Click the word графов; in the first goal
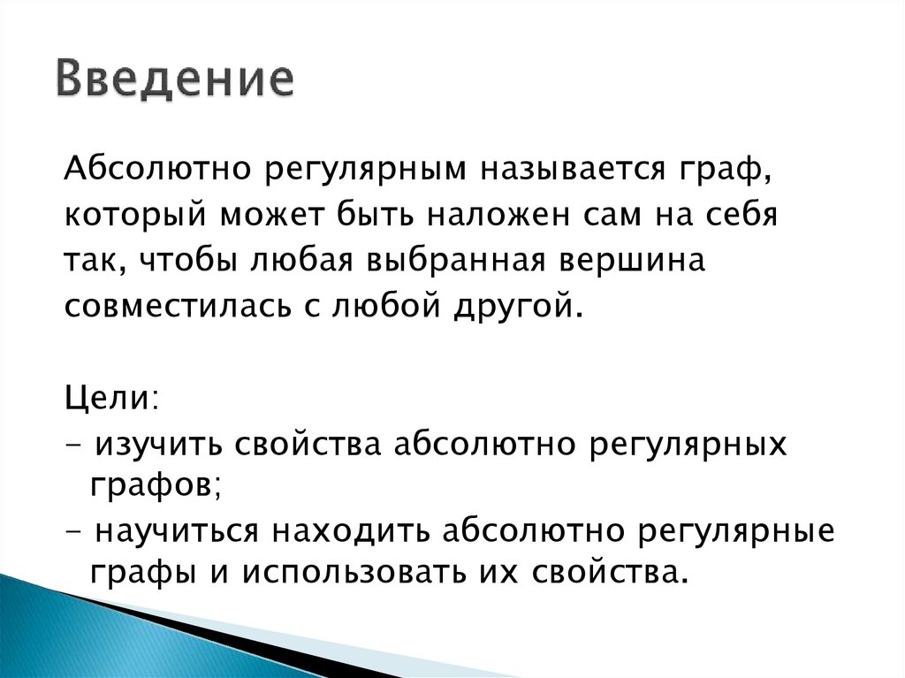point(150,485)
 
